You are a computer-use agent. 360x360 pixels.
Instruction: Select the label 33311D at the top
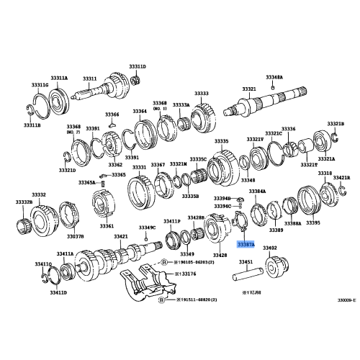pos(137,66)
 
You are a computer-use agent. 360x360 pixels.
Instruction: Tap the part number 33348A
pos(274,76)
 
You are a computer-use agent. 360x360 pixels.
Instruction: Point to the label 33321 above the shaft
pos(248,89)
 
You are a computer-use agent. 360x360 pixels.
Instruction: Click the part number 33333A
pos(181,104)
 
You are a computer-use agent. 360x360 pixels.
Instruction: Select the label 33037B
pos(76,235)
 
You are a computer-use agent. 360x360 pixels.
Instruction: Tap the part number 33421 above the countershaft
pos(120,236)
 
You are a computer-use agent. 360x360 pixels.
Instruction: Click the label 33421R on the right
pos(341,176)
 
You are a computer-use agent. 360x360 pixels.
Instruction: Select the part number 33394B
pos(222,198)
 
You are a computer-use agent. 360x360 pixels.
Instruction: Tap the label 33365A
pos(87,183)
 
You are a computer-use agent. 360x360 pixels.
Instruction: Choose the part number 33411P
pos(171,221)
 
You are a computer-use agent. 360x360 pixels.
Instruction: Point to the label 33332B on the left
pos(24,203)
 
